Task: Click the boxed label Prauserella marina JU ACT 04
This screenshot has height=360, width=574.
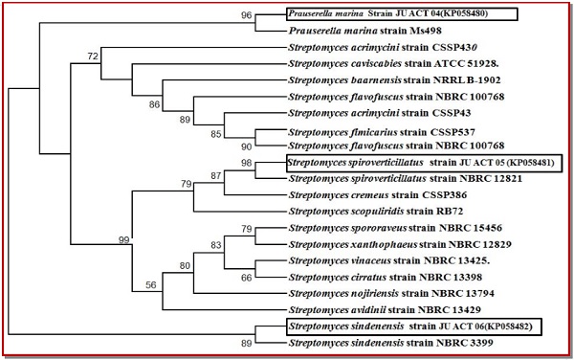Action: (402, 14)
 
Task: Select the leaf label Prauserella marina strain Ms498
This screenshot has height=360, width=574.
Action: (365, 31)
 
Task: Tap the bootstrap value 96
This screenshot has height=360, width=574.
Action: (247, 15)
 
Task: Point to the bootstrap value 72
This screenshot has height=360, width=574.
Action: (93, 56)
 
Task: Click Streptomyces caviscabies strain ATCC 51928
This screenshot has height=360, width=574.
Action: (393, 64)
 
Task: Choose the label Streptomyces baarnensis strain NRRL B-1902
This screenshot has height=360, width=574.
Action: (394, 79)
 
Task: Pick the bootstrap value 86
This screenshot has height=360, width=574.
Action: (154, 104)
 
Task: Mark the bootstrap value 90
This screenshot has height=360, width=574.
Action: (247, 146)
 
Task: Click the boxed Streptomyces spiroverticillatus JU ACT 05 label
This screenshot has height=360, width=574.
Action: (423, 162)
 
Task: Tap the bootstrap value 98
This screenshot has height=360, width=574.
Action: (247, 162)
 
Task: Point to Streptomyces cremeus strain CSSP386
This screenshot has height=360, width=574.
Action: (378, 194)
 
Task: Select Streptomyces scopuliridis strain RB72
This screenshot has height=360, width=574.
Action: (376, 212)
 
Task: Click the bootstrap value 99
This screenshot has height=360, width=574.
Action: (124, 240)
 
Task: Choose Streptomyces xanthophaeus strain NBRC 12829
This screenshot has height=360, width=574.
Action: (400, 244)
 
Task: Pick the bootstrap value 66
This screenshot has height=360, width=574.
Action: (247, 278)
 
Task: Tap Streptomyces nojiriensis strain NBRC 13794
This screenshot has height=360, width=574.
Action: (391, 293)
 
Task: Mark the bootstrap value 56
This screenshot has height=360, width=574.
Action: (151, 285)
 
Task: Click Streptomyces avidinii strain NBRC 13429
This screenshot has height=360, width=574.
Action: (385, 310)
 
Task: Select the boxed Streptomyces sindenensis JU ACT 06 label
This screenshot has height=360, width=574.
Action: (413, 326)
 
